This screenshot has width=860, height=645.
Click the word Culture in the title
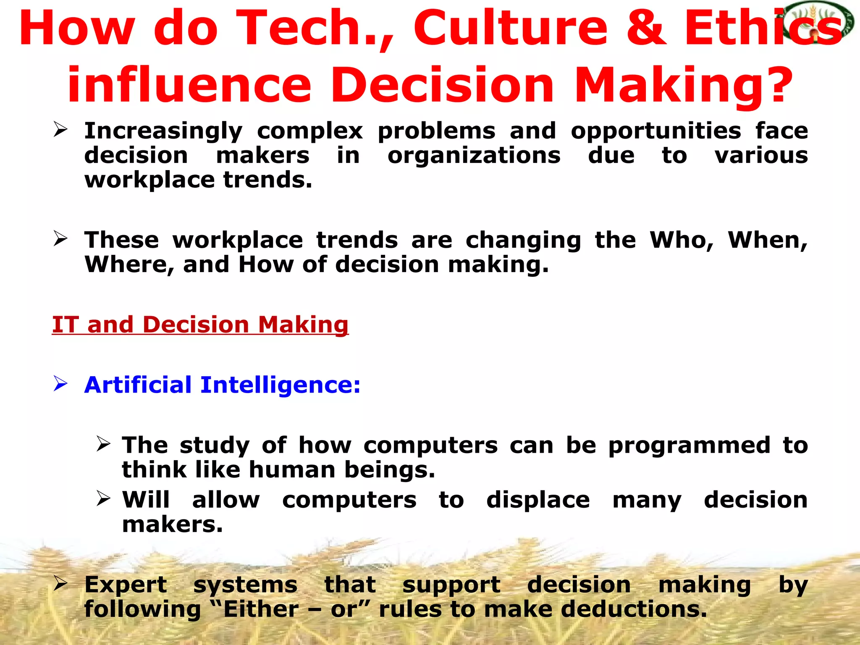coord(511,29)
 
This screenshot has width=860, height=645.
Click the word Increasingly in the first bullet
coord(163,131)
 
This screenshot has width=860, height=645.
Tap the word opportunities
coord(656,131)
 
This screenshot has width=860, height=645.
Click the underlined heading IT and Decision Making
coord(200,325)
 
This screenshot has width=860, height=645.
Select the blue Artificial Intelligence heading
coord(222,385)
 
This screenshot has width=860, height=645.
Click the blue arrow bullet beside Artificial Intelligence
coord(60,384)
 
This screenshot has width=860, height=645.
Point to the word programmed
coord(689,445)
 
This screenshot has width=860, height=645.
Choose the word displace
coord(538,500)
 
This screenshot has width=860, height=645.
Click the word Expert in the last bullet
coord(126,585)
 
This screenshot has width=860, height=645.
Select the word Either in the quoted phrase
coord(261,609)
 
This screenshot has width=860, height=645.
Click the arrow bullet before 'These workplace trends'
coord(60,239)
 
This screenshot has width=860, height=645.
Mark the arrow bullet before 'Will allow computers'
coord(103,498)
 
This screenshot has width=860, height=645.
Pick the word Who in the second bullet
coord(682,240)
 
